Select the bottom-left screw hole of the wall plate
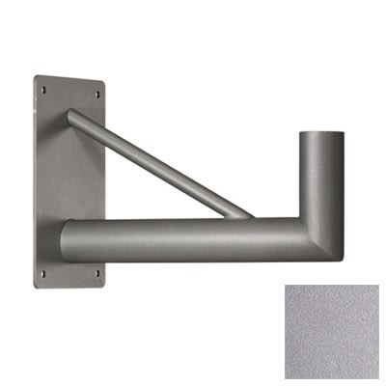(42, 277)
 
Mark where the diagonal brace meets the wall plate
(73, 117)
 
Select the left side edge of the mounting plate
(36, 183)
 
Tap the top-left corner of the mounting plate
(37, 77)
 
